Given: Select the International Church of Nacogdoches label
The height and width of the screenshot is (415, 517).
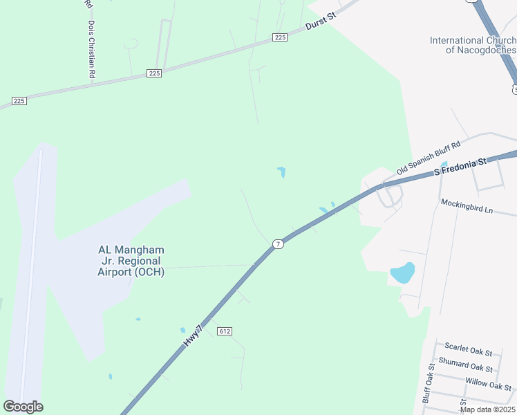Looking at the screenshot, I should [473, 45].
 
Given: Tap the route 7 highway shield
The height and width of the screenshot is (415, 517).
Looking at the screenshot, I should [278, 244].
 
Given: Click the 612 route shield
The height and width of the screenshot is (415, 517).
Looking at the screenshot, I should [223, 331].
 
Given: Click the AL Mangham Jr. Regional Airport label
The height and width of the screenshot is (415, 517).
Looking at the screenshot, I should [131, 261].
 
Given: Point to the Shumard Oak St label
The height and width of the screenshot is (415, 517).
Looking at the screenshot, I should [469, 367].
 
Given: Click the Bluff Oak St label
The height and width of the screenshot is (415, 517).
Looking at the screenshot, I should [427, 383].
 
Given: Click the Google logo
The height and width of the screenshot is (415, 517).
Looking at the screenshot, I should [23, 407].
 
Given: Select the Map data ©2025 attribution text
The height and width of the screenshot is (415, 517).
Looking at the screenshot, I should [487, 409].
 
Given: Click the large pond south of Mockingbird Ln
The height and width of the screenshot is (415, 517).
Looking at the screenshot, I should [402, 273].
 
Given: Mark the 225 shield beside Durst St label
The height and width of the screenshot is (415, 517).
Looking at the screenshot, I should [279, 37].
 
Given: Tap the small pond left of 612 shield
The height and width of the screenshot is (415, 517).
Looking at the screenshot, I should [182, 330].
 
